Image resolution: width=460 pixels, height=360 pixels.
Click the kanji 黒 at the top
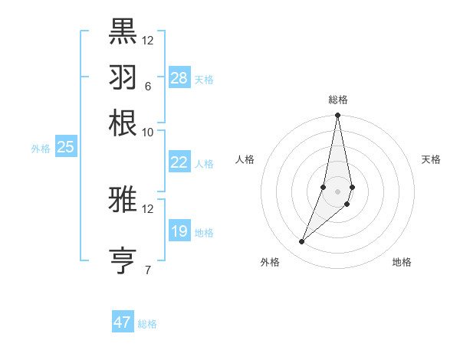(123, 31)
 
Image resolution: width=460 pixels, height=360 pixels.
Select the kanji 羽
(123, 77)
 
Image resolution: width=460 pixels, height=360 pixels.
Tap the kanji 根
(123, 123)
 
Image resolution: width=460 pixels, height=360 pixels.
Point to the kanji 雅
(123, 199)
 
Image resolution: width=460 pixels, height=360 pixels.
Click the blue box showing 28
(179, 77)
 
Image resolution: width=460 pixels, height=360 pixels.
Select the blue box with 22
(179, 162)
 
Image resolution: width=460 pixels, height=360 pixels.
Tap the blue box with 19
(179, 231)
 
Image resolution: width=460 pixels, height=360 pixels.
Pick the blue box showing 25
(65, 147)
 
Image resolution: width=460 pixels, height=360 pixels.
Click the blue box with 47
(123, 322)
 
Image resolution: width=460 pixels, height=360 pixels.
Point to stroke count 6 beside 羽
(147, 86)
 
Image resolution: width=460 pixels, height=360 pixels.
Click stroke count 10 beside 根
(147, 132)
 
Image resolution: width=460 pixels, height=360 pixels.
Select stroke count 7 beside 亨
(147, 270)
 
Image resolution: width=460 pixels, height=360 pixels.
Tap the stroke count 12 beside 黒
(148, 40)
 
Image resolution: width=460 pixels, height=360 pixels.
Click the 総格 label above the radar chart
(338, 100)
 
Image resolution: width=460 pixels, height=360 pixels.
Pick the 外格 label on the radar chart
(270, 262)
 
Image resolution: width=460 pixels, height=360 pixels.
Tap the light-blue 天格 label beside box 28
(204, 79)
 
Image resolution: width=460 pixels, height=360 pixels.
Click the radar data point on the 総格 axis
(337, 116)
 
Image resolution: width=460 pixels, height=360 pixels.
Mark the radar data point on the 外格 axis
(302, 242)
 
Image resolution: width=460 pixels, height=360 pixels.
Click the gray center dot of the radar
(337, 191)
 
